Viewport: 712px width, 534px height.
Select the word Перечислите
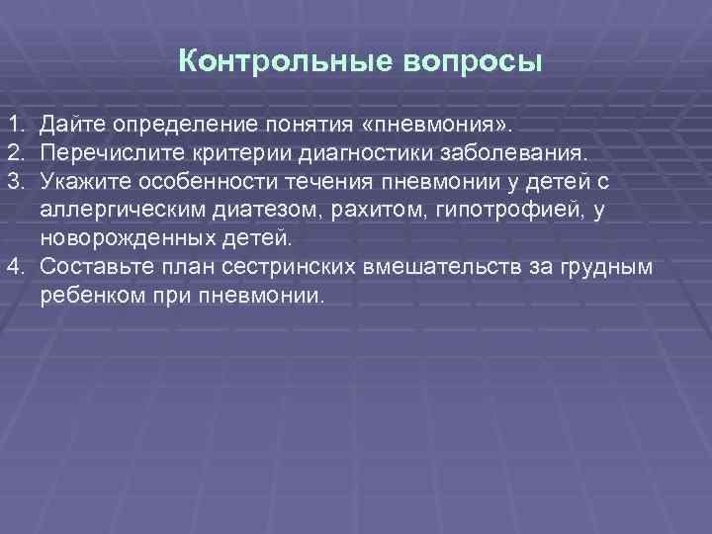click(106, 154)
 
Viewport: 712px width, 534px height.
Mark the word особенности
click(191, 183)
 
